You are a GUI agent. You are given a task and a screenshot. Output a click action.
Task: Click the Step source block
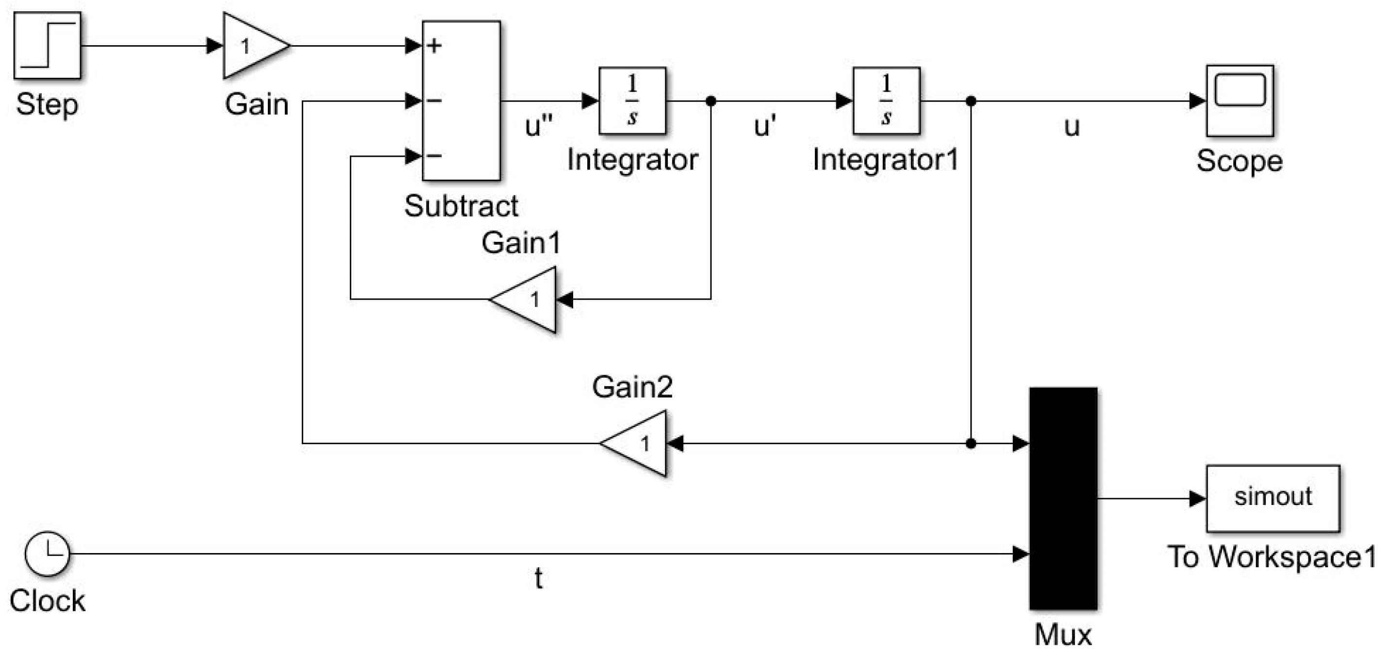[x=48, y=46]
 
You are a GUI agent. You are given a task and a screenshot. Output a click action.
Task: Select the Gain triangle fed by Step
[x=253, y=46]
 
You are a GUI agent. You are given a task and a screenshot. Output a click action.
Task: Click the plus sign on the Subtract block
[x=434, y=46]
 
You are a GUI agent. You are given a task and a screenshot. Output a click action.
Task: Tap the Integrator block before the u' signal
[x=632, y=101]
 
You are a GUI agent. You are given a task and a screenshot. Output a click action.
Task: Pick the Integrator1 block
[x=886, y=101]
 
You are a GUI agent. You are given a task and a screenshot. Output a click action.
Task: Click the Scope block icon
[x=1240, y=101]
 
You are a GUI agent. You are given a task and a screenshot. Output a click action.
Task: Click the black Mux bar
[x=1063, y=499]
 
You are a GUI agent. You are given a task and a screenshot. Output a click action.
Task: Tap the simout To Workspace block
[x=1272, y=499]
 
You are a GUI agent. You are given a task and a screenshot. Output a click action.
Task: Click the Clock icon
[x=48, y=554]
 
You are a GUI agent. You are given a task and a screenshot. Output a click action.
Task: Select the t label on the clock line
[x=538, y=578]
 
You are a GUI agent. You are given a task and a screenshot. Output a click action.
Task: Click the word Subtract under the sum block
[x=461, y=206]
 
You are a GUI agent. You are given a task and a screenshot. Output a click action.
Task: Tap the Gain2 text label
[x=632, y=387]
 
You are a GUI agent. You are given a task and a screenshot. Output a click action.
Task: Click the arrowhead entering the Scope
[x=1198, y=101]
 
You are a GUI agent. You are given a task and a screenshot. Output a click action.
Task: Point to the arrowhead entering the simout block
[x=1198, y=499]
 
